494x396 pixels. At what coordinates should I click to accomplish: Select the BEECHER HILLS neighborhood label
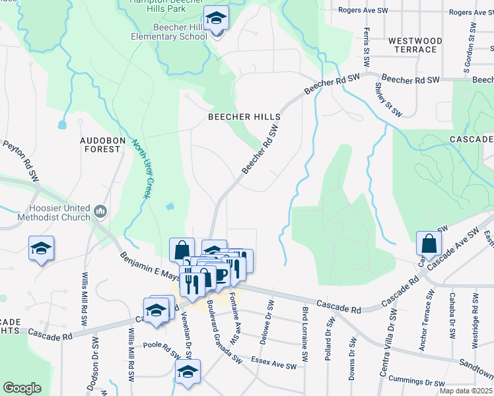click(x=244, y=117)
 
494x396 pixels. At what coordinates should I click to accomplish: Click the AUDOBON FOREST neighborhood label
click(x=100, y=145)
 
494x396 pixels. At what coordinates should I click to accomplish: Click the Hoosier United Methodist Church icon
click(x=100, y=211)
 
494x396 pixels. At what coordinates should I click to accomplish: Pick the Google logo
click(x=22, y=387)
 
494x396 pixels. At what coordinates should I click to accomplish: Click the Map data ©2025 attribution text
click(x=466, y=391)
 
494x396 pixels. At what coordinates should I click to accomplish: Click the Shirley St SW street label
click(x=388, y=99)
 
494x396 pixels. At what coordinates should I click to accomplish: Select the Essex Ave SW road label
click(x=272, y=362)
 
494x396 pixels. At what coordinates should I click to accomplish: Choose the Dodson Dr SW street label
click(x=94, y=366)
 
